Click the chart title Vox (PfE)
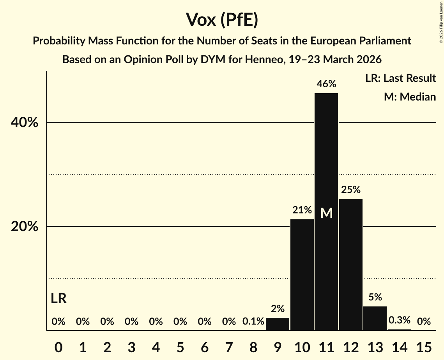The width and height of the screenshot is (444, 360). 222,20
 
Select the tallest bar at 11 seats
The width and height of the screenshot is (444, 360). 326,234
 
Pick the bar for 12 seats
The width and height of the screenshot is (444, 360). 351,265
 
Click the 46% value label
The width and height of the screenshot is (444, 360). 326,84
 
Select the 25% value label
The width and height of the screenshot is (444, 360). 351,190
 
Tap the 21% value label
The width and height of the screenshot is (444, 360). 302,210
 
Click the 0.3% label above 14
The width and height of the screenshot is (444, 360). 400,320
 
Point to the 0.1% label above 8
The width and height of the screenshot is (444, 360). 253,321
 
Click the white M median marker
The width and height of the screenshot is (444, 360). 326,213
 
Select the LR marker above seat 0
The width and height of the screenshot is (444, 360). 58,299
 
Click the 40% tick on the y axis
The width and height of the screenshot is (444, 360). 25,123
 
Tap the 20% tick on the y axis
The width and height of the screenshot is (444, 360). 25,227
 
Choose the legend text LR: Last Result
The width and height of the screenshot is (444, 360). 400,78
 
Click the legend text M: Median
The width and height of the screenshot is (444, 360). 410,97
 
